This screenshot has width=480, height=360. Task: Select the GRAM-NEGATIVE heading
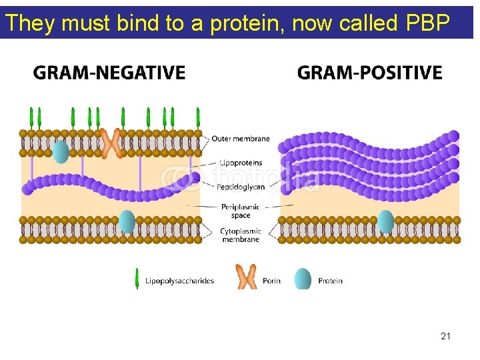(x=109, y=73)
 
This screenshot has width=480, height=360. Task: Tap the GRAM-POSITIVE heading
(x=370, y=73)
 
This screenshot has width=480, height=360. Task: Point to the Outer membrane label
(x=241, y=139)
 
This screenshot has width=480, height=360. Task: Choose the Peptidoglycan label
(x=241, y=187)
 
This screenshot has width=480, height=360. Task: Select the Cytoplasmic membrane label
(x=241, y=235)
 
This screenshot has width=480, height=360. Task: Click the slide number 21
(x=446, y=336)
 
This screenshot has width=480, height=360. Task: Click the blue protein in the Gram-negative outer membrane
(x=61, y=151)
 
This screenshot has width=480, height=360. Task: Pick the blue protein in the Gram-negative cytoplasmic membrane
(x=127, y=221)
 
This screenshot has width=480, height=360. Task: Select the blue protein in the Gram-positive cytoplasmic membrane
(x=385, y=221)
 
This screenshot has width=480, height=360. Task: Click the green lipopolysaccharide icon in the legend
(x=137, y=279)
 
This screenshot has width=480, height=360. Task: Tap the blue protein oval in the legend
(x=303, y=279)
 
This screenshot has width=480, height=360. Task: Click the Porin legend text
(x=271, y=281)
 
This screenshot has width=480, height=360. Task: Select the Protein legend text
(x=330, y=281)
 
